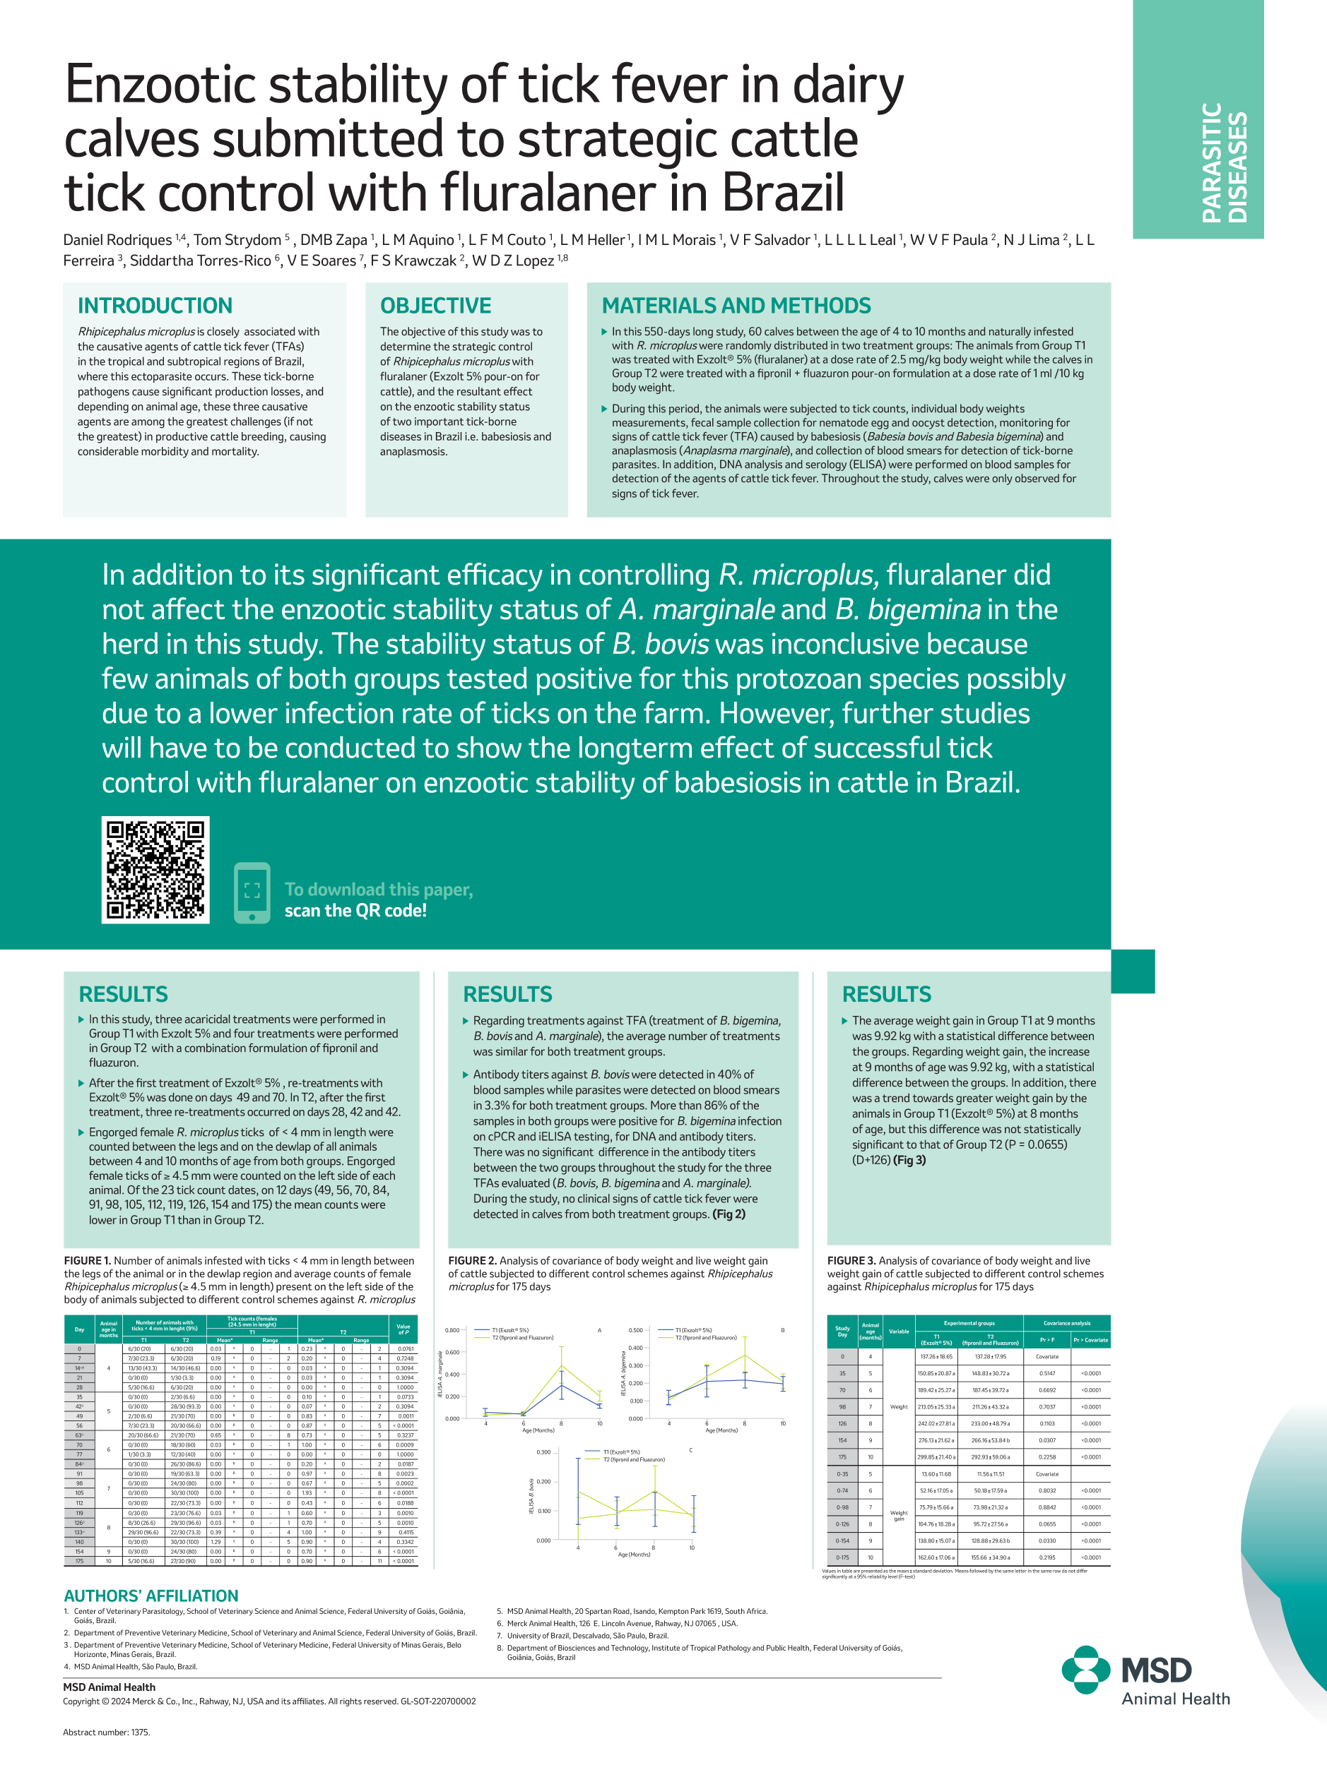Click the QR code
pos(155,870)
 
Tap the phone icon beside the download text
pos(252,892)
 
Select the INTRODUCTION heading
pos(155,306)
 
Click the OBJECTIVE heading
pos(435,306)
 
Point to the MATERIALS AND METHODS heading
pos(736,306)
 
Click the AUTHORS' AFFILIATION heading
pos(151,1595)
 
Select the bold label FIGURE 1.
pos(87,1261)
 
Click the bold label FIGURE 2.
pos(472,1261)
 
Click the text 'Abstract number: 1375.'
pos(106,1733)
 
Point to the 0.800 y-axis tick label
pos(452,1330)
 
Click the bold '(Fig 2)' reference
pos(729,1214)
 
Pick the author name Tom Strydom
pos(237,240)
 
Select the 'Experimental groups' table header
pos(969,1323)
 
